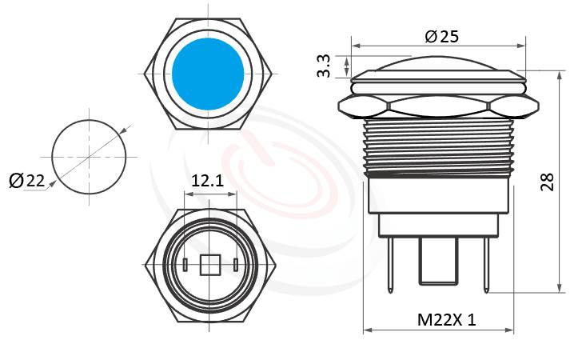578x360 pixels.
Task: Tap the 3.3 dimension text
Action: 324,66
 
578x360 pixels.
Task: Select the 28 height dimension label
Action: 547,182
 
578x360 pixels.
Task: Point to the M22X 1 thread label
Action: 447,319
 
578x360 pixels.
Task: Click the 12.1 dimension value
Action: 207,182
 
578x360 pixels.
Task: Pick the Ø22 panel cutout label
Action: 26,182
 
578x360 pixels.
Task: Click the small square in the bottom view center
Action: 210,264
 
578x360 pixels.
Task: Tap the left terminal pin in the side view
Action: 389,264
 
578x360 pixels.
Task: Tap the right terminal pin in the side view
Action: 484,264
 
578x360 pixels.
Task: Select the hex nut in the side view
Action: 437,104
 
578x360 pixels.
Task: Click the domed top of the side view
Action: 437,64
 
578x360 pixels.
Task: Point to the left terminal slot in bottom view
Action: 185,264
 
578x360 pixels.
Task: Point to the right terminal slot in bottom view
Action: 236,264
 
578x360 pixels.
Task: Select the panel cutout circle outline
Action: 52,156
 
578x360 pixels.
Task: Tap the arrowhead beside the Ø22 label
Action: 53,183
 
